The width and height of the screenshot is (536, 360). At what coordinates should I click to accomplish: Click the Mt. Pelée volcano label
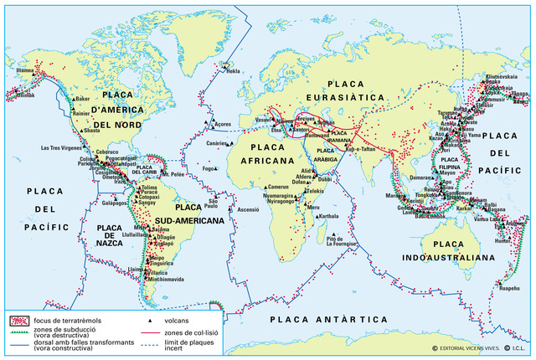click(174, 176)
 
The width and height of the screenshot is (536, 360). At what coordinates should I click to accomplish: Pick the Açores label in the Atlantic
click(222, 124)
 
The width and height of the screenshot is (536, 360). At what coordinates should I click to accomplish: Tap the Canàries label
click(217, 143)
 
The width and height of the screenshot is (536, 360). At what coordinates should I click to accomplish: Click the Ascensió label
click(250, 209)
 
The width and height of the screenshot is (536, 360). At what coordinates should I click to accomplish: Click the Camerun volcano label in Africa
click(279, 187)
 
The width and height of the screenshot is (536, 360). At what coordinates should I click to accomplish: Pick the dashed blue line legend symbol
click(149, 345)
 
